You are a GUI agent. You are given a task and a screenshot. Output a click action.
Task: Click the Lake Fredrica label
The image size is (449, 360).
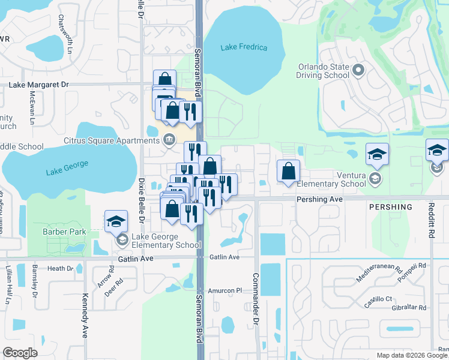click(244, 47)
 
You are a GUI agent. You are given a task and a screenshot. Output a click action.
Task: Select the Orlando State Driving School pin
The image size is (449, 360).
click(359, 70)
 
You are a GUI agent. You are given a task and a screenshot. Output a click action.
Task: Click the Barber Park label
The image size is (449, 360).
click(64, 232)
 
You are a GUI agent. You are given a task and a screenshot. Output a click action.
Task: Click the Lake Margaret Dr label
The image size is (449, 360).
click(39, 85)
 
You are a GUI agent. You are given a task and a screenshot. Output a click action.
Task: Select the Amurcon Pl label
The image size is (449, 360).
click(225, 290)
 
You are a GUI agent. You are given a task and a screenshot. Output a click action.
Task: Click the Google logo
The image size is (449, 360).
click(20, 352)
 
